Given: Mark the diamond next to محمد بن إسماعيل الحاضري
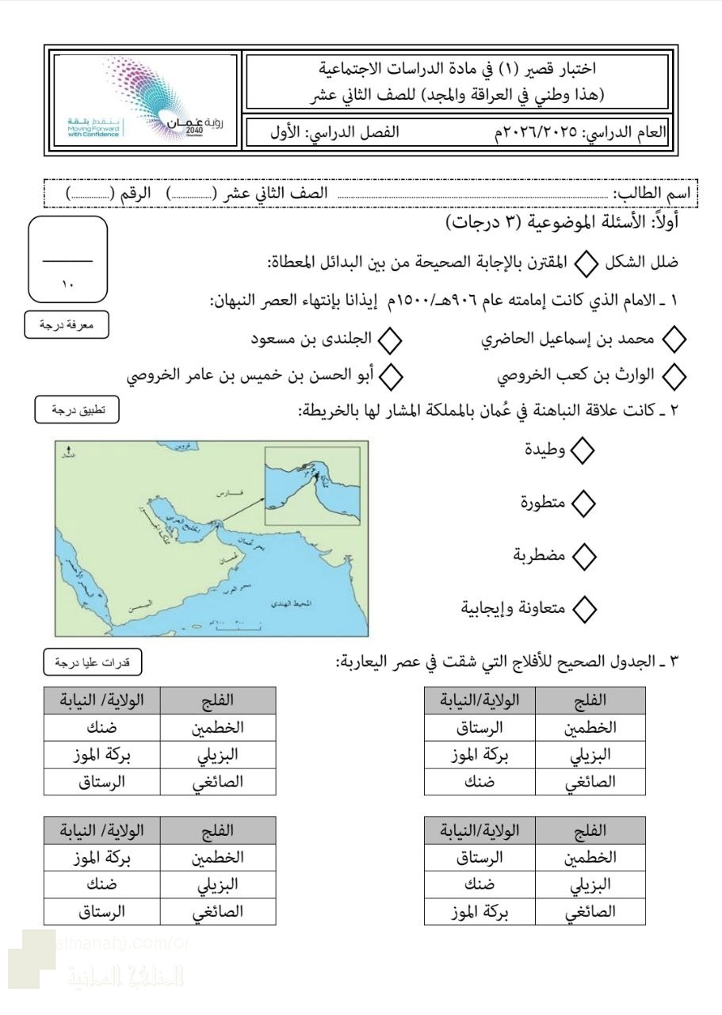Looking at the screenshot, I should (674, 341).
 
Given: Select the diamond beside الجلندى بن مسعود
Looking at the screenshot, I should (390, 341).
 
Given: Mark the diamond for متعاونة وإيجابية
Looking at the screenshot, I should (583, 609).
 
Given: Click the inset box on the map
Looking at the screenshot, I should (311, 486).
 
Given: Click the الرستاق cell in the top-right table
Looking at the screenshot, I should (480, 726).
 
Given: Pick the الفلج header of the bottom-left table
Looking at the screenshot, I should (219, 831).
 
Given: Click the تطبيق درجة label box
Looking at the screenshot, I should (77, 410).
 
